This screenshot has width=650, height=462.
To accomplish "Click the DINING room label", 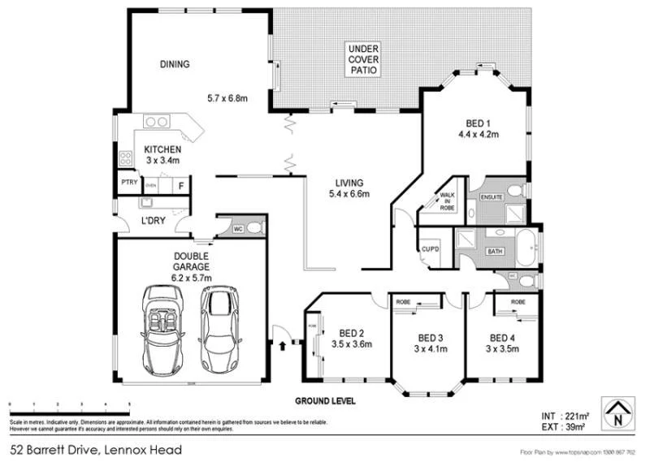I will [175, 64].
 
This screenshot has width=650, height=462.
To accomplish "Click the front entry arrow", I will [283, 346].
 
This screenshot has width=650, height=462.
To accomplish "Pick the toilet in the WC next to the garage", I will [254, 228].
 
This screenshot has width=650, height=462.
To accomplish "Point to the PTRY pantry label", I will [128, 183].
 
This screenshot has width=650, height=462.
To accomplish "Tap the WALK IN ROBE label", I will [446, 201].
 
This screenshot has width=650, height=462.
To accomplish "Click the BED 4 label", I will [501, 337].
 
